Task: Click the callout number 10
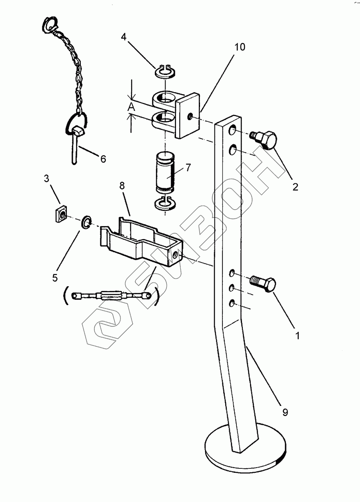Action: [240, 47]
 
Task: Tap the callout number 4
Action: [124, 37]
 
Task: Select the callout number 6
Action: [103, 159]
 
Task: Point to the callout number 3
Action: [46, 179]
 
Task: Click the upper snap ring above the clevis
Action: [166, 72]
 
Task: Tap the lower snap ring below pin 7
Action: [165, 203]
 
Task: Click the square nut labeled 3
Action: [61, 215]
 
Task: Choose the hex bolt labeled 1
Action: [264, 283]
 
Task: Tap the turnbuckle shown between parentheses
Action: [111, 296]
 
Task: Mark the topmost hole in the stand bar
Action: [232, 130]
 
